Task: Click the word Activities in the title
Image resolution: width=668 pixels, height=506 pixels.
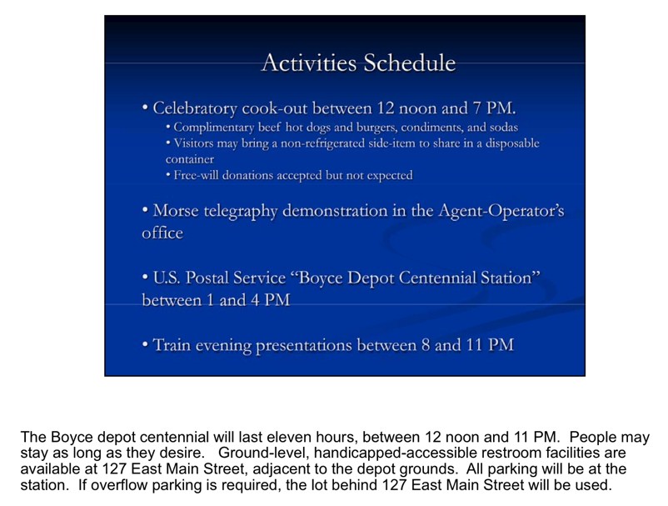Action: [309, 63]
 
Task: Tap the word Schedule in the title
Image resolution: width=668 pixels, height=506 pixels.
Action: [410, 63]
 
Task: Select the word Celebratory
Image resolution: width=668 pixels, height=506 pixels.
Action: [195, 108]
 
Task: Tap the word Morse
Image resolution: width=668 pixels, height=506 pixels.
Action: [176, 211]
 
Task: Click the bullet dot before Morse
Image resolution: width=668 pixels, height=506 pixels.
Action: [145, 211]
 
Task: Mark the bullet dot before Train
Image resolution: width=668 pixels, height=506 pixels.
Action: [145, 344]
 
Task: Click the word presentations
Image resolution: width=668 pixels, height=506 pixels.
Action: [304, 345]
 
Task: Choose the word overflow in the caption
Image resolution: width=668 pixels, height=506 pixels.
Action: [112, 484]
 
